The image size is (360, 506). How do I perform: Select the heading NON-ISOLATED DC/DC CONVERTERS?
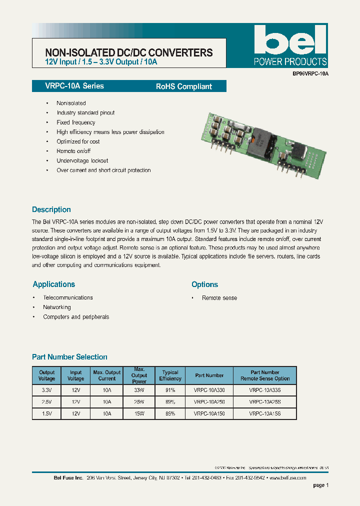128,52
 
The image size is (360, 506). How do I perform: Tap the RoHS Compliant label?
183,86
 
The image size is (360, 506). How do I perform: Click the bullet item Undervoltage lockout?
82,160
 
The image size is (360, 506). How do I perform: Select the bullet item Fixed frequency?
75,122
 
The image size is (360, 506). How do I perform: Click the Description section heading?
51,209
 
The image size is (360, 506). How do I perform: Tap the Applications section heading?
53,284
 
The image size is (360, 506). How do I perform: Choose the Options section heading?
204,284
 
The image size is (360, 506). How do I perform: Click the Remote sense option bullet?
219,298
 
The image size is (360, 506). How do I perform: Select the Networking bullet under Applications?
56,307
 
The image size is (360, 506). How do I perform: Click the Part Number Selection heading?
69,357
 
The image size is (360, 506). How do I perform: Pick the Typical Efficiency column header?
170,375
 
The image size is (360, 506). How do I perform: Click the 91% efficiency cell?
170,389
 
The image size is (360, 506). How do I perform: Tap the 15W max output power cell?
139,414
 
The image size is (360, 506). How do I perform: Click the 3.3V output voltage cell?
46,389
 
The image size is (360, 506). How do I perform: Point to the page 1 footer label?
320,485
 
